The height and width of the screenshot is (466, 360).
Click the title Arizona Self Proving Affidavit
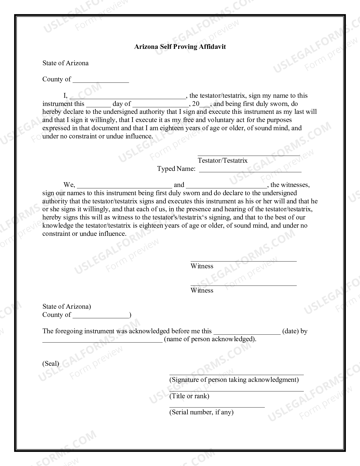tap(180, 47)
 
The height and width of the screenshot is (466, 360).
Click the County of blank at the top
tap(101, 80)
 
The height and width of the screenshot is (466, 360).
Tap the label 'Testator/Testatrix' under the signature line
tap(222, 160)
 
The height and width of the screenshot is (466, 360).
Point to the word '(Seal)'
tap(51, 363)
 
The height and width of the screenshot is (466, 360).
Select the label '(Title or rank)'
tap(189, 396)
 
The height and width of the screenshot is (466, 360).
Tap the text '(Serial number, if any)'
tap(201, 412)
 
